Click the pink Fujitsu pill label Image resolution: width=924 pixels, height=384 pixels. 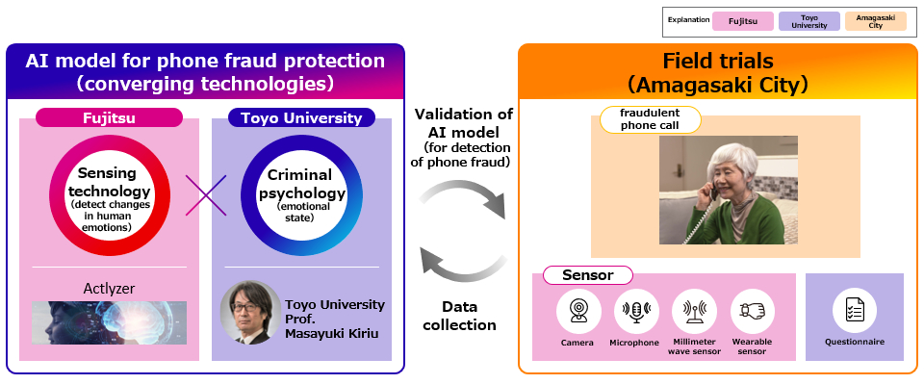(x=109, y=118)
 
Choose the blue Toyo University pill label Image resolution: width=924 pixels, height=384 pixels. (x=301, y=118)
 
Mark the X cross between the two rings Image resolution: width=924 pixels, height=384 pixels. (x=205, y=195)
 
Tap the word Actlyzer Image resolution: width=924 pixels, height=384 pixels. (x=109, y=288)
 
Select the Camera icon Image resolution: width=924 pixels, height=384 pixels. (x=577, y=311)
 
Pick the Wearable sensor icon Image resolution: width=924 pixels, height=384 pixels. (x=752, y=311)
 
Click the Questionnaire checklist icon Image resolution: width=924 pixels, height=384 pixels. (x=854, y=310)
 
